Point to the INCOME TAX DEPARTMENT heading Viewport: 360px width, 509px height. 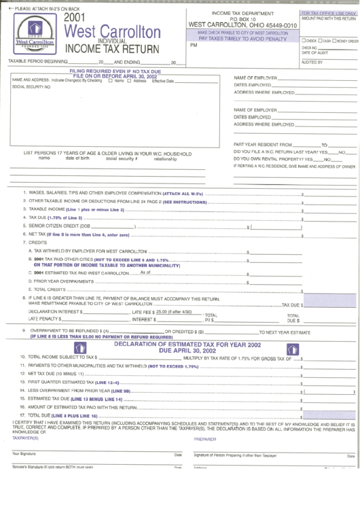point(242,14)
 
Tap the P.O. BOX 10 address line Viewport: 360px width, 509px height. point(242,20)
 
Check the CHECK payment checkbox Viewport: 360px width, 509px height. point(303,41)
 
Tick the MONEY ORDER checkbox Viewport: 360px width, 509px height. point(338,41)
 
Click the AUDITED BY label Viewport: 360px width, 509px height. point(312,62)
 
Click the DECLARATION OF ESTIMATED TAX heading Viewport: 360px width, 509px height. point(187,345)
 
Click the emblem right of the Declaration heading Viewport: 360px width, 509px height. point(293,349)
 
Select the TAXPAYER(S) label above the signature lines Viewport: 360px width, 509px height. point(26,439)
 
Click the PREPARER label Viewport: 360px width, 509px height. point(204,439)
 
